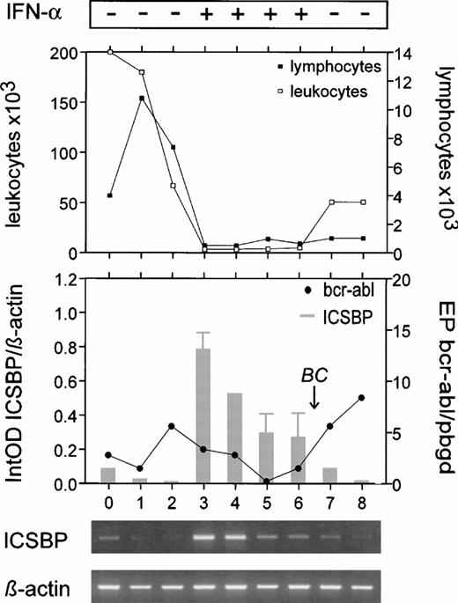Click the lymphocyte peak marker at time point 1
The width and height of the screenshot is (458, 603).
141,98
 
